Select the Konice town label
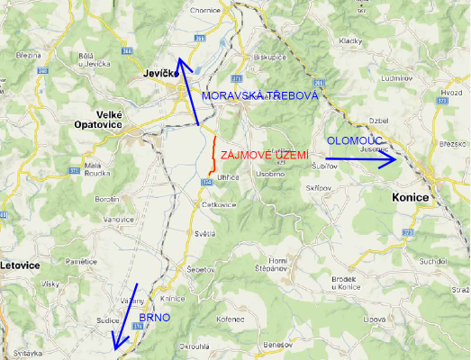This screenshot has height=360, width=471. coord(414,197)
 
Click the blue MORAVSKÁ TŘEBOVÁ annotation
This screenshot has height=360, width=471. coord(259,95)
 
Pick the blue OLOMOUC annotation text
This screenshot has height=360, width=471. coord(355,141)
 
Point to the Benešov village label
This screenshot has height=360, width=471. coord(277,346)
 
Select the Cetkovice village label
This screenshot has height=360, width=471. coord(219,204)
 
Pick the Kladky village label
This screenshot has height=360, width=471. coord(349,41)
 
